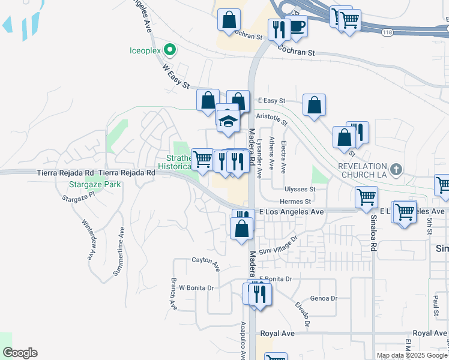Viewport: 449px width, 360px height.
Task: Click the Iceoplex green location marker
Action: coord(170,50)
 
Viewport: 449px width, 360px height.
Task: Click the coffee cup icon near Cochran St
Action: coord(297,26)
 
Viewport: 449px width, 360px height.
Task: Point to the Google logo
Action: coord(20,353)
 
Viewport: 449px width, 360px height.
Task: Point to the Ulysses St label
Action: coord(300,189)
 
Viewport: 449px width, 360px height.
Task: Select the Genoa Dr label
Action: coord(324,298)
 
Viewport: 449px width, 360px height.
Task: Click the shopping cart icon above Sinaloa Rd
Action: coord(366,196)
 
